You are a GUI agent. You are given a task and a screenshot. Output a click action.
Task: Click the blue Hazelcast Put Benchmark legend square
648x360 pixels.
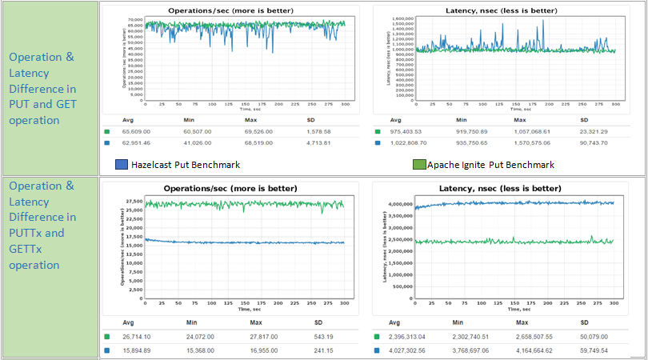coord(121,165)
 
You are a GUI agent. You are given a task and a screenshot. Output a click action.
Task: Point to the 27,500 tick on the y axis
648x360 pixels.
coord(133,202)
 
